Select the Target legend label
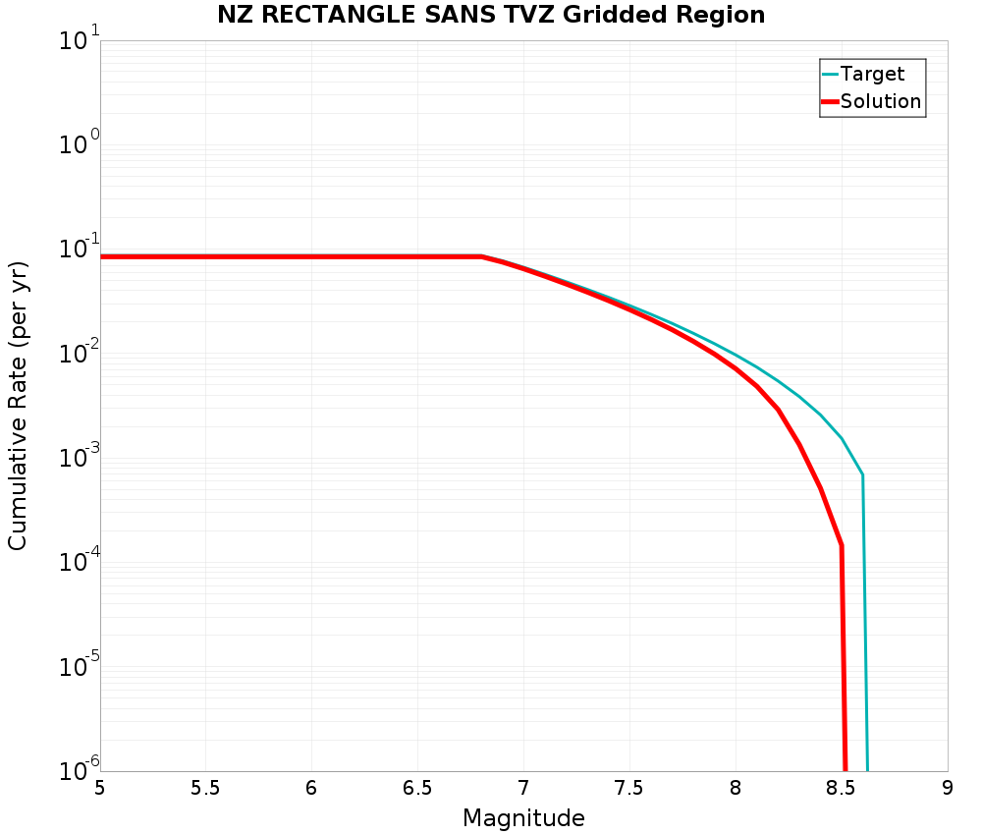click(872, 74)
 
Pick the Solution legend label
click(881, 101)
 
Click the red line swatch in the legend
click(830, 101)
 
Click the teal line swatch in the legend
click(830, 74)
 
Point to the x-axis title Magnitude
click(523, 818)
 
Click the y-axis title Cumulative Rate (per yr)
click(18, 406)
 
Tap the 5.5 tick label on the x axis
click(206, 788)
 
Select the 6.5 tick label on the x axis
click(417, 788)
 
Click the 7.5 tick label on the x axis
click(628, 788)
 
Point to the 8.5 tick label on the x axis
click(841, 788)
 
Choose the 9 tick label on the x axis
click(948, 788)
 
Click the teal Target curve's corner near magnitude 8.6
click(862, 475)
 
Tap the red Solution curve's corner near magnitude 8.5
click(842, 545)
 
